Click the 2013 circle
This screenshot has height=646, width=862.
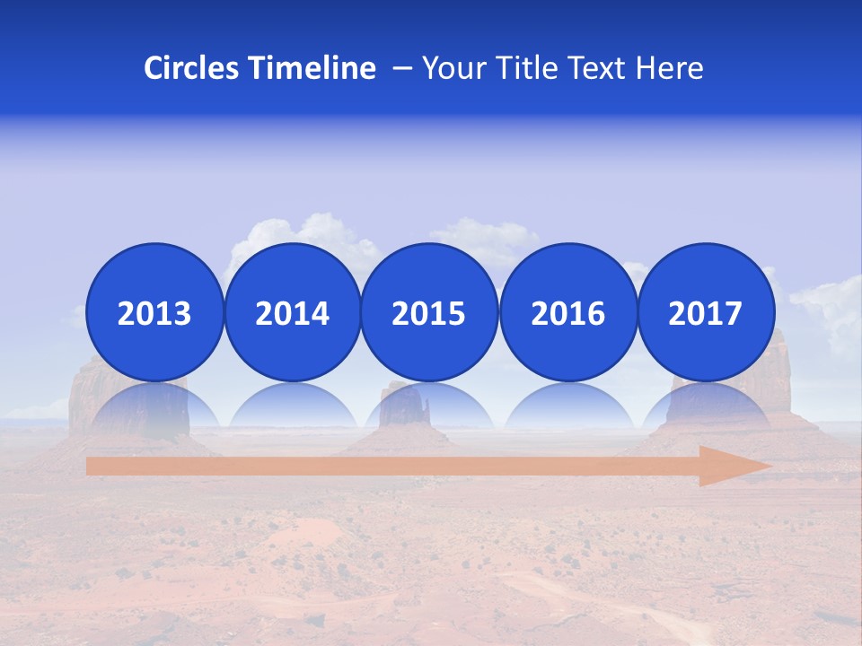tap(154, 312)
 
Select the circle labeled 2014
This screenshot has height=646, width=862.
tap(292, 312)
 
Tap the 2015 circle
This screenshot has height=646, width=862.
tap(429, 312)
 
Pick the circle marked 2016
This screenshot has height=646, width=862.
tap(567, 312)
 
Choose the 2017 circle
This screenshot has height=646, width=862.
tap(705, 312)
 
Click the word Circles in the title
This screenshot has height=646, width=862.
tap(193, 68)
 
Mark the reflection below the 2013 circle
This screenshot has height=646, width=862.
tap(154, 408)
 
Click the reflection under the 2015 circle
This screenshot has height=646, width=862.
tap(429, 408)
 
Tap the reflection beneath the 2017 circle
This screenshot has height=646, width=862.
tap(705, 408)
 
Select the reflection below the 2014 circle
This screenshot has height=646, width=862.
tap(292, 408)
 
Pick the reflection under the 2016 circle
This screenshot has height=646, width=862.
tap(567, 408)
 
